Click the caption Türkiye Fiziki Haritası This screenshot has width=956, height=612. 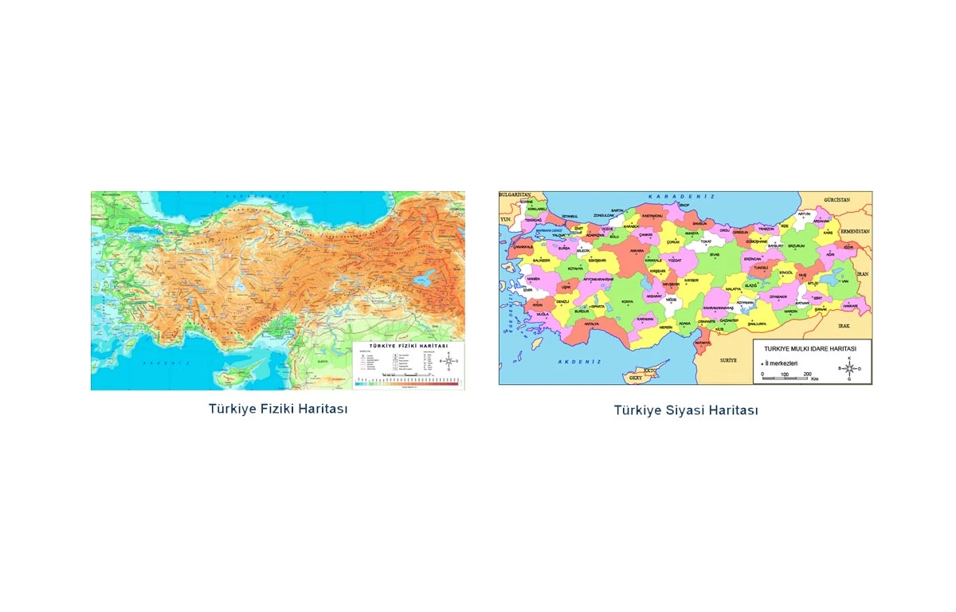278,408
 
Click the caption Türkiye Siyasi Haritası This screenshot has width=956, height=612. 685,410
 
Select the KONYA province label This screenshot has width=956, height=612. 627,301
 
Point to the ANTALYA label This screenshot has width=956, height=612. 591,324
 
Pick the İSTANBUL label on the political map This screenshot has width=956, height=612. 569,216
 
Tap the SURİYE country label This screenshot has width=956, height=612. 729,360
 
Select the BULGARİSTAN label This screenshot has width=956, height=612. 515,194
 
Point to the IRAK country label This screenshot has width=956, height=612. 844,327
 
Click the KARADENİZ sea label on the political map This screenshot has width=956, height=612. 681,196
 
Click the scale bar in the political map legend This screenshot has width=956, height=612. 786,378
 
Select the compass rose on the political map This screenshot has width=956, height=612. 849,368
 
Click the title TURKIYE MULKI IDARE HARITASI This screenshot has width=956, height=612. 809,348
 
